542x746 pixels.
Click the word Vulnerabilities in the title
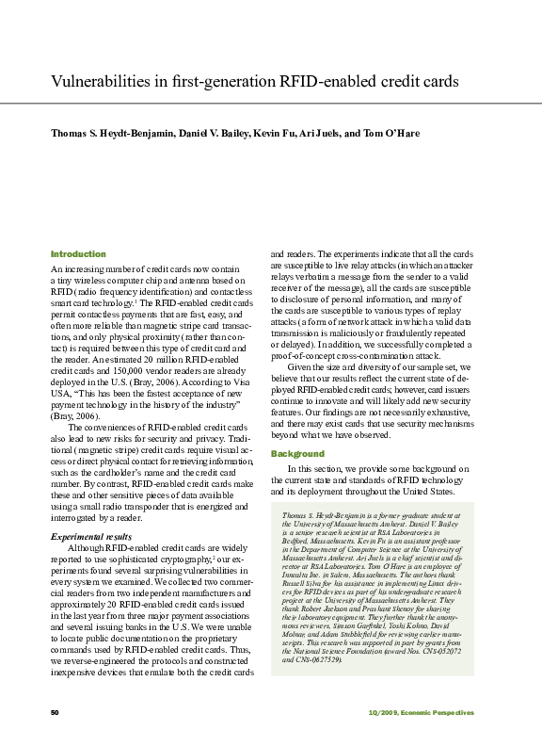click(x=99, y=82)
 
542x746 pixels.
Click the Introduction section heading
click(x=78, y=254)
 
